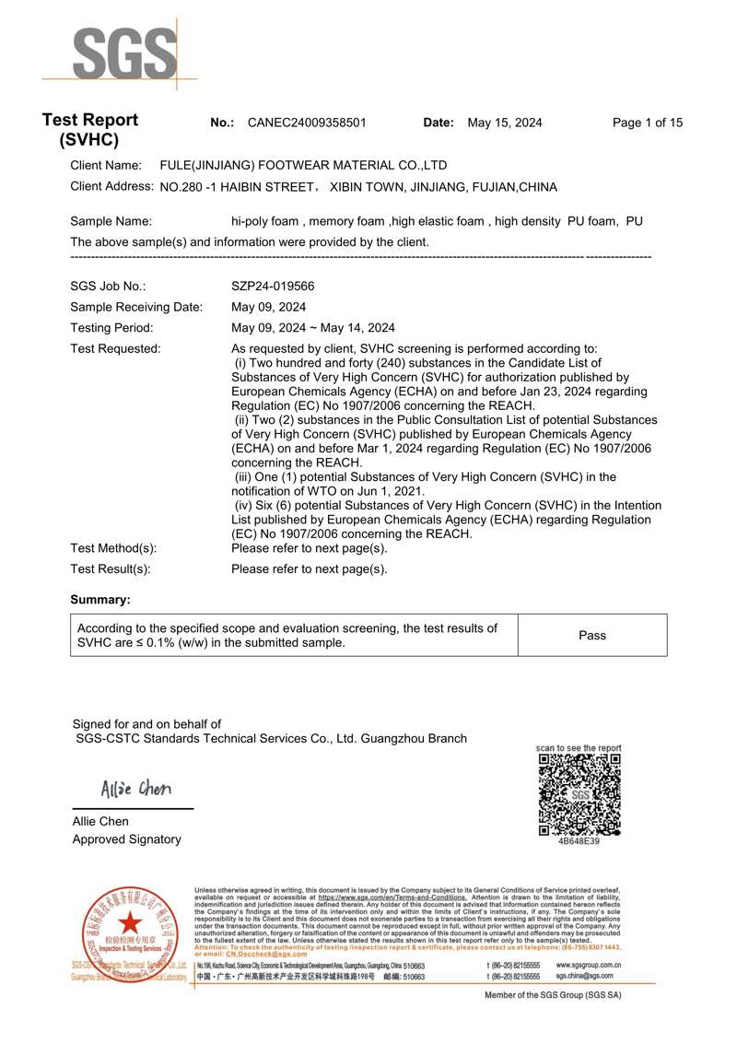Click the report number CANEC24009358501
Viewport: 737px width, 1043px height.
click(307, 123)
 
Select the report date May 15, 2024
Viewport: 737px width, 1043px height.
click(505, 123)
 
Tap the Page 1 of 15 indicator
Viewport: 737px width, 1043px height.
click(648, 123)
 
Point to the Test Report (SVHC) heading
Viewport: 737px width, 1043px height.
click(89, 130)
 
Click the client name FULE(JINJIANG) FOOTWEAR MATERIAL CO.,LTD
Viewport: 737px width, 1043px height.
click(303, 166)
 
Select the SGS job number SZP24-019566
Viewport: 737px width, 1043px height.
click(273, 287)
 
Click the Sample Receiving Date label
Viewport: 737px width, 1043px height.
click(136, 307)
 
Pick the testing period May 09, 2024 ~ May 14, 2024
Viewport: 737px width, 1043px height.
click(312, 328)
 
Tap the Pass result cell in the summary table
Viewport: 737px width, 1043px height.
click(592, 635)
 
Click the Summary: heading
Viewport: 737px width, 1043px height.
click(100, 600)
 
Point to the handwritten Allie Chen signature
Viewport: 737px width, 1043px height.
click(135, 790)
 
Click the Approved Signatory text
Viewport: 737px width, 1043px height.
click(126, 839)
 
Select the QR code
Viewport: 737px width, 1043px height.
click(579, 793)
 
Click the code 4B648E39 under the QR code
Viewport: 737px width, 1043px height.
click(579, 841)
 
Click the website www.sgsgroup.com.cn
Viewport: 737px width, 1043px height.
click(589, 965)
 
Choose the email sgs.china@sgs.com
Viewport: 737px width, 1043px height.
click(584, 975)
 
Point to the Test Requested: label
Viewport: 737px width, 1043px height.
click(115, 348)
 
